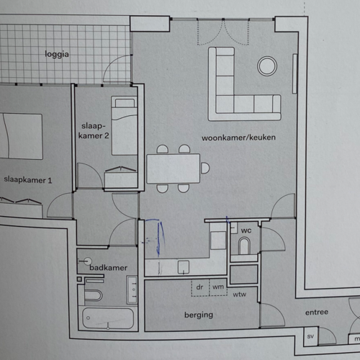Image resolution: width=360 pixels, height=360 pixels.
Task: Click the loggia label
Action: tap(57, 54)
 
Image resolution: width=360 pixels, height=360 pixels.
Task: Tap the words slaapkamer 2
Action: tap(94, 130)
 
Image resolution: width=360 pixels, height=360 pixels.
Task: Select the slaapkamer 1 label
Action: tap(28, 180)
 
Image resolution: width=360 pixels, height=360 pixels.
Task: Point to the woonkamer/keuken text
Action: tap(238, 138)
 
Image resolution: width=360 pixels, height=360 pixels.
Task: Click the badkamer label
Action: tap(108, 268)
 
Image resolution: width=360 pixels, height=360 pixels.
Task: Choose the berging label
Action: tap(199, 315)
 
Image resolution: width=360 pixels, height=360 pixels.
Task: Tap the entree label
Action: tap(317, 312)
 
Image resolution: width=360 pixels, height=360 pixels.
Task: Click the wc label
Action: tap(246, 230)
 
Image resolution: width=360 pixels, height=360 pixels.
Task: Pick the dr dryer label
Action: tap(199, 287)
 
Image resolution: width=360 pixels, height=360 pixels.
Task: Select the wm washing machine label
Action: tap(218, 287)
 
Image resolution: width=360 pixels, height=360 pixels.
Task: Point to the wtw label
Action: tap(240, 294)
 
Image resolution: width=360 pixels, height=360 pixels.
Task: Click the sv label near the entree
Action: tap(310, 336)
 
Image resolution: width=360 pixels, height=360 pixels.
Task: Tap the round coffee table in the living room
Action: tap(267, 66)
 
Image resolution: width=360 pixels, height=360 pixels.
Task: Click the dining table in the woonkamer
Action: tap(173, 168)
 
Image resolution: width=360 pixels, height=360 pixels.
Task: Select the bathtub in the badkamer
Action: tap(108, 318)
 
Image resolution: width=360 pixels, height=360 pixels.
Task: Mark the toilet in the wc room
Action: tap(244, 246)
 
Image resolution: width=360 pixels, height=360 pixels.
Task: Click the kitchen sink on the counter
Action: tap(184, 267)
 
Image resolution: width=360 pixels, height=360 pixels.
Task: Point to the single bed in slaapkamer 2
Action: tap(125, 125)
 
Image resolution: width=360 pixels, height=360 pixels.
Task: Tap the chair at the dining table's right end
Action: tap(205, 168)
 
